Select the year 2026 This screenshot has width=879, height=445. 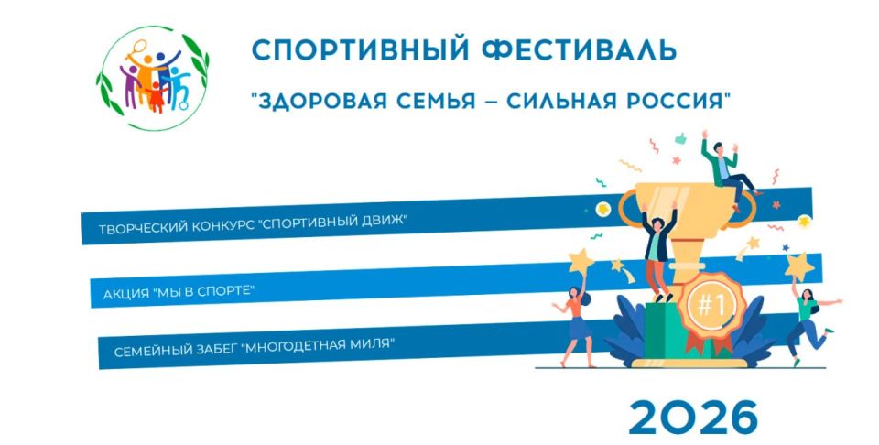click(x=693, y=417)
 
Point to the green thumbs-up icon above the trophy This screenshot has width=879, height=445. click(x=681, y=139)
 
